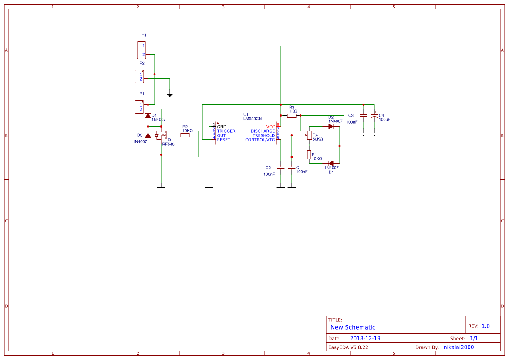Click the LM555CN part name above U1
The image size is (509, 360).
(253, 118)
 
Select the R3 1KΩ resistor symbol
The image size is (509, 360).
(292, 116)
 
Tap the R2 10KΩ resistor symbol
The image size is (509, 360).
(185, 135)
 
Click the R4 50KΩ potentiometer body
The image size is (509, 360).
(309, 135)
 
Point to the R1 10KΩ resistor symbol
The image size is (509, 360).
(309, 155)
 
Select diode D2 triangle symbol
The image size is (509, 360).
(331, 127)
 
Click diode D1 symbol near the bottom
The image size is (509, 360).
(331, 163)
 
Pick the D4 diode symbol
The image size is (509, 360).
(148, 116)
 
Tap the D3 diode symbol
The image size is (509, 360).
(148, 135)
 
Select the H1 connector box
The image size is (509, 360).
(142, 50)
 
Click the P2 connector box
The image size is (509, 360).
(139, 76)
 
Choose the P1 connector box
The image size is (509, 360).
(139, 107)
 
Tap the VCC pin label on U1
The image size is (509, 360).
(270, 126)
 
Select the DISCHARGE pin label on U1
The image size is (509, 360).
(263, 131)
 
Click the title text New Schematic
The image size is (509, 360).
(353, 327)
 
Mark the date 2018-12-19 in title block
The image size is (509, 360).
(365, 338)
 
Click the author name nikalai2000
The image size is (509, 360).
(458, 347)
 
